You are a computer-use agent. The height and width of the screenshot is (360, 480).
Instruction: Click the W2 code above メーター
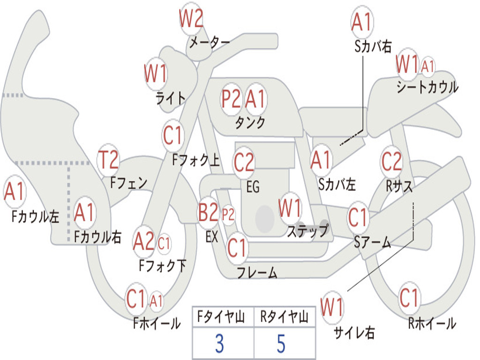click(x=191, y=18)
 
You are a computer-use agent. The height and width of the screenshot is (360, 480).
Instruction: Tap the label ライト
click(x=171, y=98)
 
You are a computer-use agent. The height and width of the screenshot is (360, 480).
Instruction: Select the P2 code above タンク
click(x=231, y=99)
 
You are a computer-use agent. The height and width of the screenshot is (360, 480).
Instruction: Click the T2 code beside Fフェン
click(x=108, y=159)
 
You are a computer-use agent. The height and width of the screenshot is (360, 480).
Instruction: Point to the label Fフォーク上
click(x=196, y=160)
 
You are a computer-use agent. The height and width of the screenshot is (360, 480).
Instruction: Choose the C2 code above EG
click(x=244, y=162)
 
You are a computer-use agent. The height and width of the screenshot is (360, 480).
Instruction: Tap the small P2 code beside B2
click(x=228, y=215)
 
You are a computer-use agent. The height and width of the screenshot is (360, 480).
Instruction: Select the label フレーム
click(x=257, y=272)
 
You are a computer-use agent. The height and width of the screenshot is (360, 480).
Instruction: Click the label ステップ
click(x=307, y=231)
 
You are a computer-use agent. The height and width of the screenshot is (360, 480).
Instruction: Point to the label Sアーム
click(x=373, y=242)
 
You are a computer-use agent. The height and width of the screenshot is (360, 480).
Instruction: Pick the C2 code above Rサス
click(x=391, y=161)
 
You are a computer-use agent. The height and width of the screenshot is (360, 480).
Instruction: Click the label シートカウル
click(x=427, y=87)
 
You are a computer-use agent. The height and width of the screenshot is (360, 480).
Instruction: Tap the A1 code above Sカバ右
click(x=361, y=22)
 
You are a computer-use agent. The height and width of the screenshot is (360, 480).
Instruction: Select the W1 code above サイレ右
click(x=332, y=307)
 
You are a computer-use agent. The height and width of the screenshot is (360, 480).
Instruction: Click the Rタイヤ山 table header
click(x=284, y=317)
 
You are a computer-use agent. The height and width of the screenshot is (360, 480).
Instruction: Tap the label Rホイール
click(x=432, y=323)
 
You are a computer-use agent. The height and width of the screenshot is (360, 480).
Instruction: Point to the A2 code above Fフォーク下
click(x=143, y=241)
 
